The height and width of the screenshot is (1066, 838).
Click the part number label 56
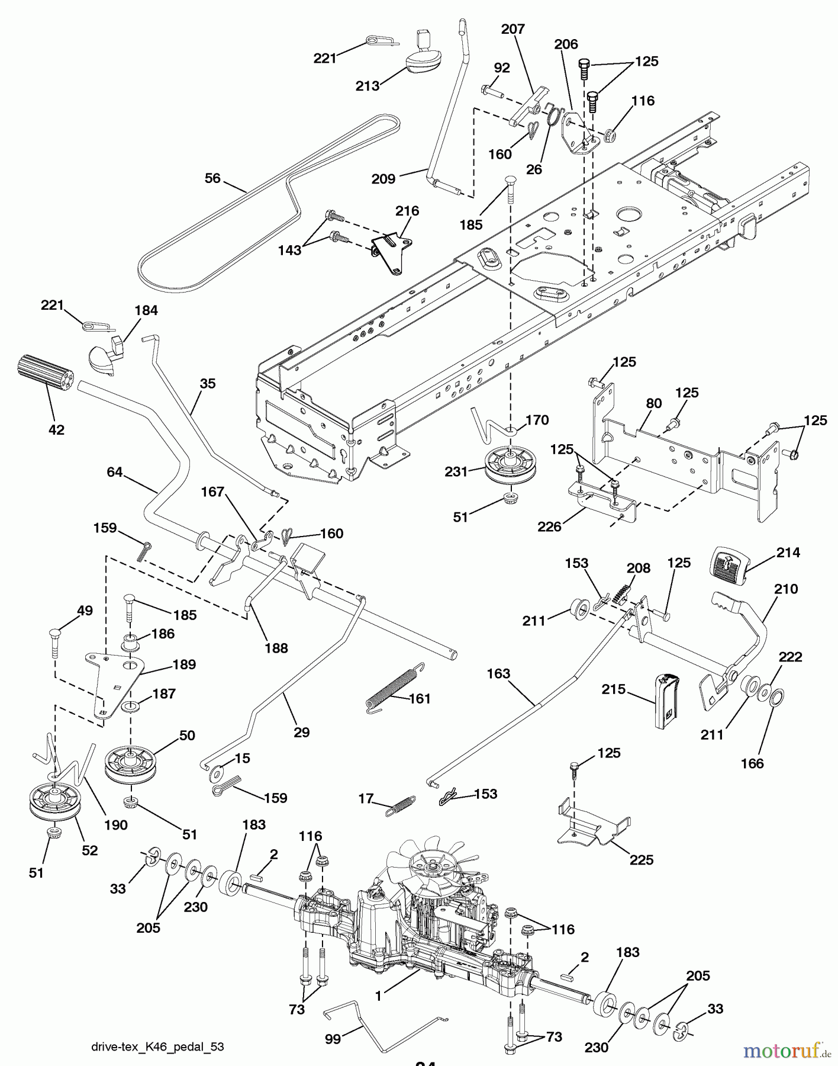point(212,178)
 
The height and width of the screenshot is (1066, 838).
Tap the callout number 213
point(367,86)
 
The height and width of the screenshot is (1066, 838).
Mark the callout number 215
point(613,689)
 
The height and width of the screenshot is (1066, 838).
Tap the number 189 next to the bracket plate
point(183,664)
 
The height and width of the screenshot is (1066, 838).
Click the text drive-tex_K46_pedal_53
point(157,1046)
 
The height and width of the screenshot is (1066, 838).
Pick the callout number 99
point(333,1037)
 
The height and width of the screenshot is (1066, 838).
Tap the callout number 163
point(498,673)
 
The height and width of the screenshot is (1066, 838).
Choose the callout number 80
point(653,403)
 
